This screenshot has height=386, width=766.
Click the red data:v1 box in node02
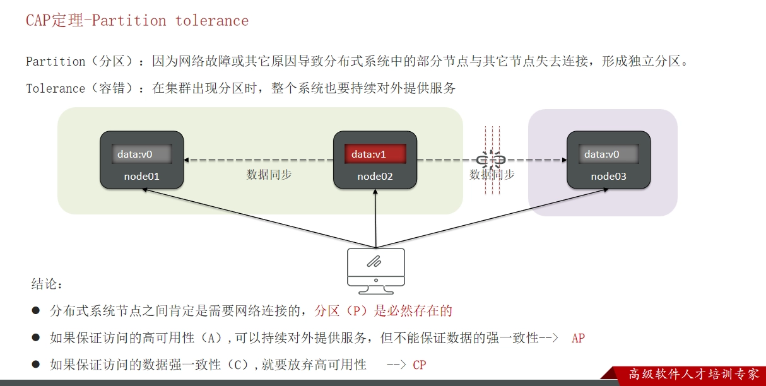375,154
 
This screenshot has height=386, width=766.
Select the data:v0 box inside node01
141,154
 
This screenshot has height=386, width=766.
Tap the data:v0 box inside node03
608,154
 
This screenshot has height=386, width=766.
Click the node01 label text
141,177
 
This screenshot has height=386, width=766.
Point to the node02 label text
375,177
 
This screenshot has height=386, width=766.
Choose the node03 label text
609,177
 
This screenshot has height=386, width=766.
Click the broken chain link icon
491,160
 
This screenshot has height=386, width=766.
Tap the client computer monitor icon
376,271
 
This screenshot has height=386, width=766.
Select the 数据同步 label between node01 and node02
269,175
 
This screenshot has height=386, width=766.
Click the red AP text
578,338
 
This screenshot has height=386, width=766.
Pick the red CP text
420,365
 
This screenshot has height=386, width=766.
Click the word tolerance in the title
212,21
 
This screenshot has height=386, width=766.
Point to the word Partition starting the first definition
56,62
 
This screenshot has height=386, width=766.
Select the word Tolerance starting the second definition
56,88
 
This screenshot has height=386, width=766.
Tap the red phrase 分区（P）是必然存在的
384,311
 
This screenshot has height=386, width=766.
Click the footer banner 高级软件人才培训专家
694,374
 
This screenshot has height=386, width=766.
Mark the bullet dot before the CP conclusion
36,364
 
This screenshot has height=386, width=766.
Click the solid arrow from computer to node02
375,218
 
